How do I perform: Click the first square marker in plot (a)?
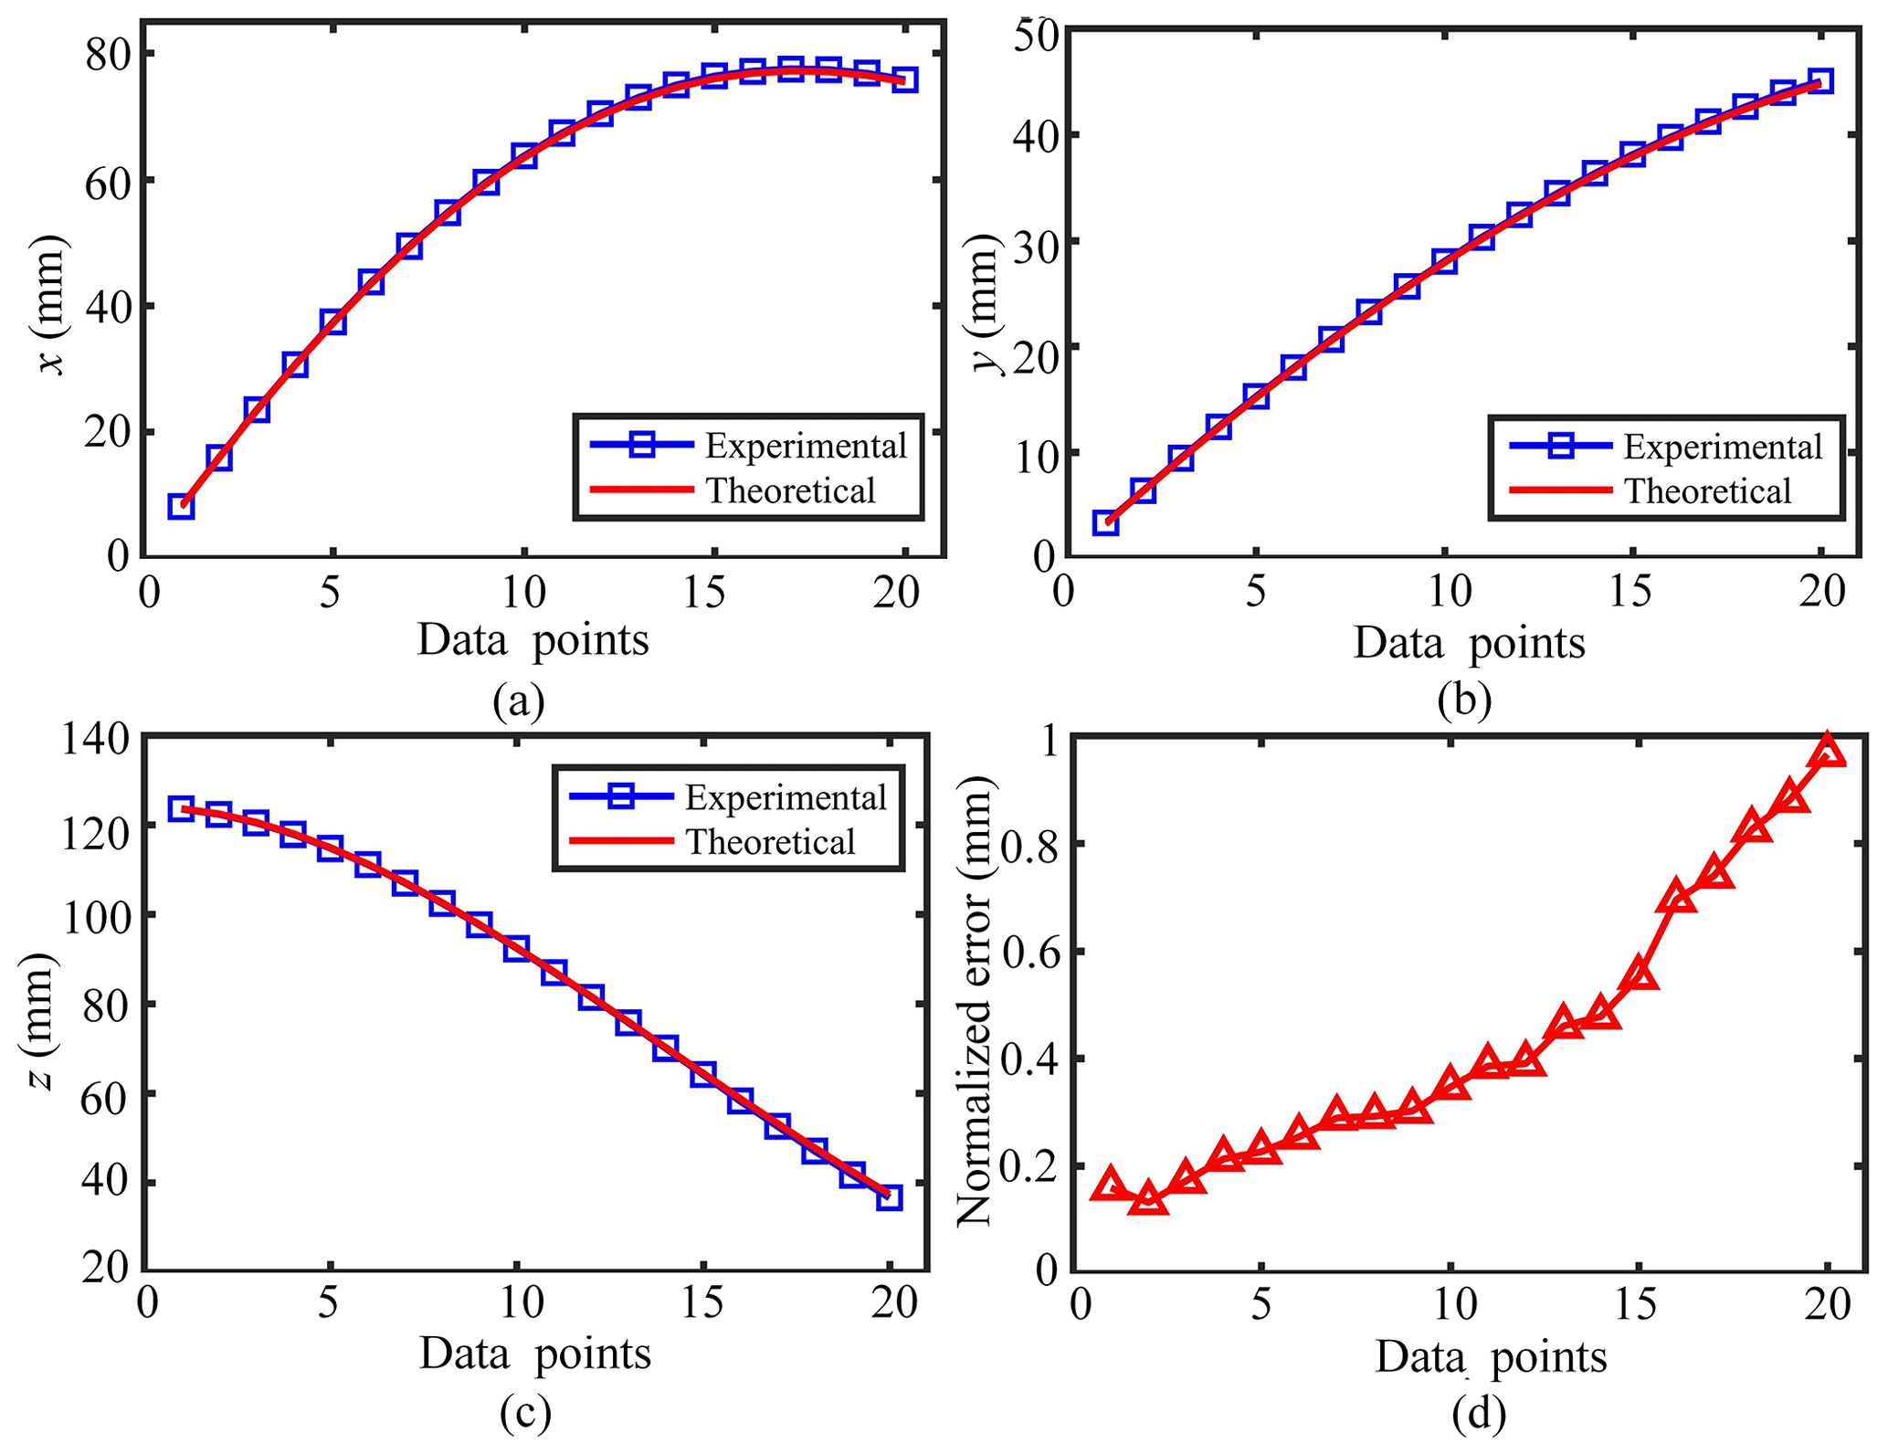pos(181,507)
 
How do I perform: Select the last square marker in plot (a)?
pos(904,79)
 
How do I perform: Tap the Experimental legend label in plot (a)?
pos(805,446)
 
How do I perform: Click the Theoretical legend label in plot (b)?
pos(1707,491)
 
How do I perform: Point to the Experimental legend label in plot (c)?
pos(786,797)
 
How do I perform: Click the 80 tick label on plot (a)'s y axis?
pos(107,55)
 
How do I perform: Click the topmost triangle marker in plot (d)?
pos(1828,752)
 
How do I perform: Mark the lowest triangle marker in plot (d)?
pos(1148,1199)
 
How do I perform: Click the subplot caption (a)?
pos(518,701)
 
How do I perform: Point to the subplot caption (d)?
pos(1478,1414)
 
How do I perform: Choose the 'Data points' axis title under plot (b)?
pos(1469,643)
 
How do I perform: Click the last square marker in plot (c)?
pos(889,1197)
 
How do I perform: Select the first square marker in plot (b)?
pos(1105,523)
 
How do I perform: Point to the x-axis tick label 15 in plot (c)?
pos(702,1303)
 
